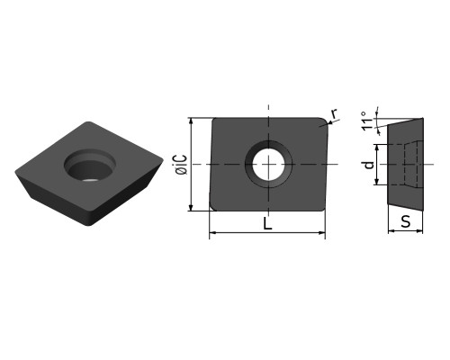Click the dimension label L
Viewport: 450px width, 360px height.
267,223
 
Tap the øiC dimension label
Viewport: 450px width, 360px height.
182,165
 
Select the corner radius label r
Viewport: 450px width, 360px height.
334,113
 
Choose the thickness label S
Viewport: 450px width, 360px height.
405,222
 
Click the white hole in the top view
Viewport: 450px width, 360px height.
268,165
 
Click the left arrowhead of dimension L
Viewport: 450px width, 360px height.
212,232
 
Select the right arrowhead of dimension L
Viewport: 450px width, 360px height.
321,232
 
